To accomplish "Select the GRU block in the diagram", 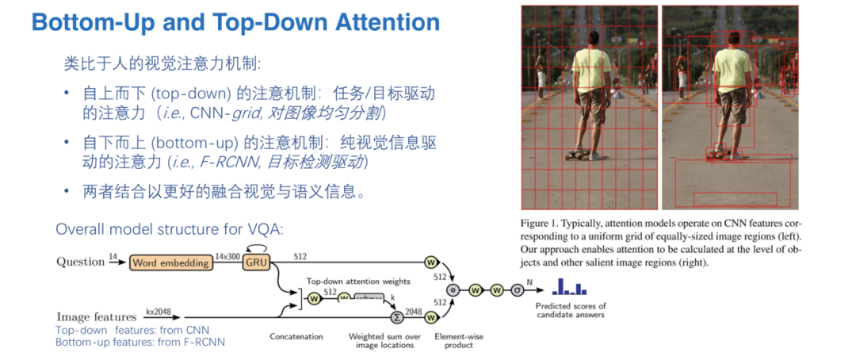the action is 256,262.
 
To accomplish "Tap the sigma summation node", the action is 396,317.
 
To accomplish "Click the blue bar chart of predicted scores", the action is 569,287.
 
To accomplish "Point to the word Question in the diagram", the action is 80,262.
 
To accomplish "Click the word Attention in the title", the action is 379,21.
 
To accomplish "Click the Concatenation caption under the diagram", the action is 296,337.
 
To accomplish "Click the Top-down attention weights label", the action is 359,281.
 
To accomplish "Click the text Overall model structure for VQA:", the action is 169,229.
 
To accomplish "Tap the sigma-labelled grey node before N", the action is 517,289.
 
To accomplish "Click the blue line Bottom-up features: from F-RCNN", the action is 139,343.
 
